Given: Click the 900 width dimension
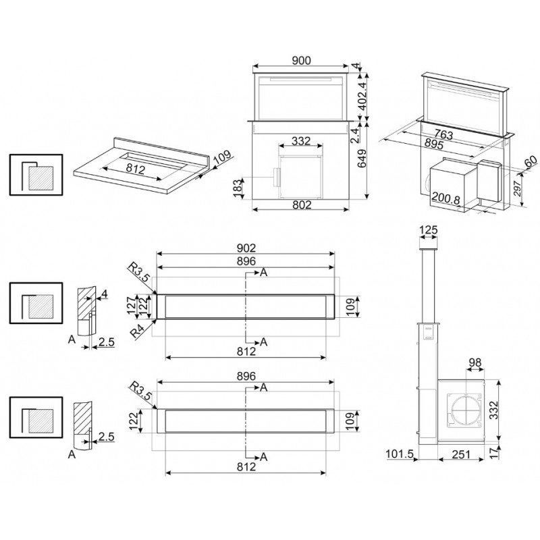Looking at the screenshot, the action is [x=301, y=61].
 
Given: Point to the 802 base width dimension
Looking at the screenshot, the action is [x=302, y=205].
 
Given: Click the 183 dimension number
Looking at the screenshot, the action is [x=238, y=188].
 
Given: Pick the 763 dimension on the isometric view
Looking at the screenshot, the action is [x=443, y=134].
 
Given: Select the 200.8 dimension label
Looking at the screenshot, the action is [x=446, y=198].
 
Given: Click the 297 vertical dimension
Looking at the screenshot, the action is [x=518, y=188].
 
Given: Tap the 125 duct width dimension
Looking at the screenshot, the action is [x=429, y=230].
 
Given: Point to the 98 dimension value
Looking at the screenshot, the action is [x=475, y=362].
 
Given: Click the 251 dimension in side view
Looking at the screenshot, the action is [x=461, y=454].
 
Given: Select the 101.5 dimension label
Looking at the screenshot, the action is [x=399, y=454].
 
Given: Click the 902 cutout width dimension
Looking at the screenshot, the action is [x=246, y=248].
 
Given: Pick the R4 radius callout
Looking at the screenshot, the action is [x=137, y=331].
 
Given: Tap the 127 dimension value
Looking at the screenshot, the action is [x=132, y=306].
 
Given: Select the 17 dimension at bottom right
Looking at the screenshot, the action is [x=494, y=453].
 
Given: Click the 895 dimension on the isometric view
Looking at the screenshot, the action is [x=433, y=144].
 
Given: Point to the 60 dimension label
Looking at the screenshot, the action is [x=531, y=161].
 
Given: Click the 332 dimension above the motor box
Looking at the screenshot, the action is [x=301, y=141].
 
